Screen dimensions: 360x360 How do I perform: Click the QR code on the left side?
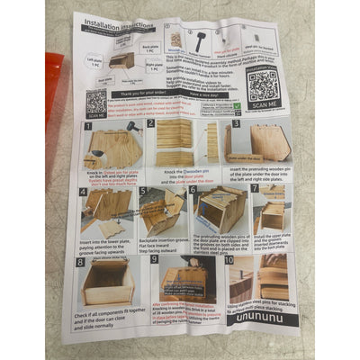click(96, 101)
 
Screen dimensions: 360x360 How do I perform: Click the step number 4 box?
click(83, 192)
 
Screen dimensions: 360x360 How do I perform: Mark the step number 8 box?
click(79, 263)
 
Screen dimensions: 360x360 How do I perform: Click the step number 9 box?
click(154, 260)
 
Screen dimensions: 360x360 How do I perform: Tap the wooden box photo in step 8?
click(105, 283)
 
